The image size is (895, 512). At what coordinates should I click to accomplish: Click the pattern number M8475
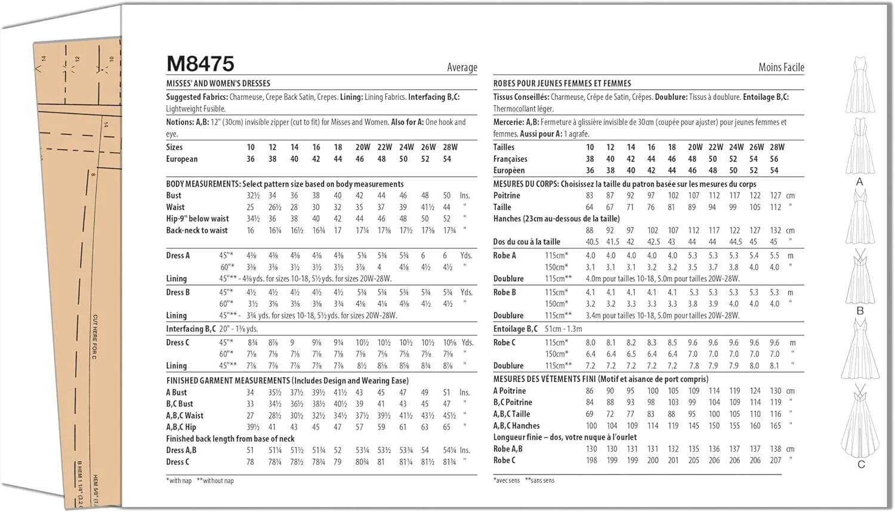click(x=200, y=64)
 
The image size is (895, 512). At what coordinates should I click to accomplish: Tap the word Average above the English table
click(x=462, y=67)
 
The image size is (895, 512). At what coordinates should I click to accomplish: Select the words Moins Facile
click(x=781, y=67)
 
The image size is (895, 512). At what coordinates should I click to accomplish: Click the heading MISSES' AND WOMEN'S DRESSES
click(x=218, y=84)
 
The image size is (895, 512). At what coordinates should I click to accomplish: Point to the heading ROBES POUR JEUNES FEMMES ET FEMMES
click(x=561, y=84)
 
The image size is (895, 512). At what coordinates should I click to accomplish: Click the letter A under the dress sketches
click(x=859, y=182)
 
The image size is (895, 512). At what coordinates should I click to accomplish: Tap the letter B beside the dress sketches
click(x=860, y=311)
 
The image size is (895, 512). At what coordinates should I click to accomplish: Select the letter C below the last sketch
click(x=861, y=464)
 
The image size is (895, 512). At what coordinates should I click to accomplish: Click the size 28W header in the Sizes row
click(x=450, y=147)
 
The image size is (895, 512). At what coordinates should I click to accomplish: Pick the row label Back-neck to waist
click(x=197, y=230)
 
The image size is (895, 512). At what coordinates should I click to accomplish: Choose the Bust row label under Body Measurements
click(x=174, y=196)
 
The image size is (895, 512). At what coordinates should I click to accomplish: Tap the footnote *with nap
click(x=179, y=480)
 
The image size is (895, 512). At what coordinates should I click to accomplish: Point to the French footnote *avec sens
click(x=507, y=480)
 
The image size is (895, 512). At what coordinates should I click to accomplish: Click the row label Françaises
click(x=510, y=159)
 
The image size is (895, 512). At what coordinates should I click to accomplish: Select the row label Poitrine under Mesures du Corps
click(x=507, y=196)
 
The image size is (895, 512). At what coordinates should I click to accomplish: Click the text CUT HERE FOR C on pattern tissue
click(x=95, y=337)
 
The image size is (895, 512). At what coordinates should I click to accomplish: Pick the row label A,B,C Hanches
click(x=516, y=426)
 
